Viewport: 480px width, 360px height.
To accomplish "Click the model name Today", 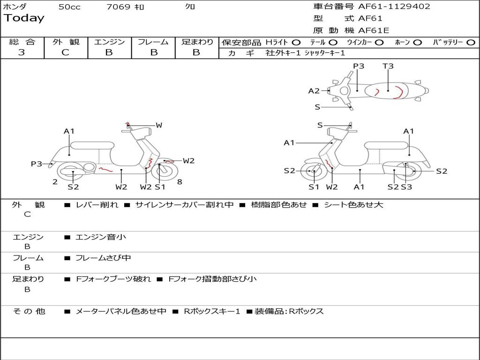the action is click(24, 18).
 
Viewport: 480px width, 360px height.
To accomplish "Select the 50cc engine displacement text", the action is click(69, 7).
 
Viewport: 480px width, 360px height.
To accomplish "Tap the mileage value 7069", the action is click(119, 7).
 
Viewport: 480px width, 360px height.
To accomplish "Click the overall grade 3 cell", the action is click(22, 52).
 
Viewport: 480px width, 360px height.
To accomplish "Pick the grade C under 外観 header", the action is click(65, 52).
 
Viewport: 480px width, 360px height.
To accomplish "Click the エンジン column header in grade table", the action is click(109, 42).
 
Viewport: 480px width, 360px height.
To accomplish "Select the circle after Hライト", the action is click(296, 42).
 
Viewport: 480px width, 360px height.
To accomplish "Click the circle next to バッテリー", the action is click(471, 42).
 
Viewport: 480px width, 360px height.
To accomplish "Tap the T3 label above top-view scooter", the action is click(388, 66).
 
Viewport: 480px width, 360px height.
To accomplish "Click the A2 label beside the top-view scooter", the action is click(314, 91).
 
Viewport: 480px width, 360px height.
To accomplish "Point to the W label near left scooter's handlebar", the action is click(159, 125).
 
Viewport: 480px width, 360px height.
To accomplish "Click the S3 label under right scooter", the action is click(406, 187).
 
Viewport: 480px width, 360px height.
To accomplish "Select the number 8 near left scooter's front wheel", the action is click(180, 182).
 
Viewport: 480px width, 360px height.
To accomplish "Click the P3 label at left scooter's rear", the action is click(37, 164).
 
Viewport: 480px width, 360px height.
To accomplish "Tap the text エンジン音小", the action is click(101, 237).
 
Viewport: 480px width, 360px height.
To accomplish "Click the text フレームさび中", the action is click(103, 258).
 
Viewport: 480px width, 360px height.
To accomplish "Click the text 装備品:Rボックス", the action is click(289, 311).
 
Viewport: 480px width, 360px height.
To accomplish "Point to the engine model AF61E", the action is click(374, 30).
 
